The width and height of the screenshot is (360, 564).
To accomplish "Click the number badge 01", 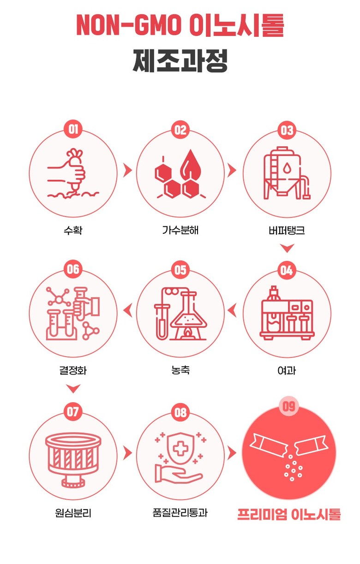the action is (x=73, y=130).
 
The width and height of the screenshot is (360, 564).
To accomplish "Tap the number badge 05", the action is (x=180, y=269).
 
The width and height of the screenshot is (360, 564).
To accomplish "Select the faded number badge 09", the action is (x=289, y=406).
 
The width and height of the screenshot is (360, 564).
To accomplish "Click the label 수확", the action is (x=73, y=230).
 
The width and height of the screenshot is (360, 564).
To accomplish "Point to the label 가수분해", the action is (x=180, y=230).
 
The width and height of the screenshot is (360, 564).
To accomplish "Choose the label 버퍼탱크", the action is (x=287, y=230).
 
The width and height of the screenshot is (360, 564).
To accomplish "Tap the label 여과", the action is (x=287, y=370).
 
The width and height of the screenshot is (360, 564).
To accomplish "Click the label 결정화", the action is (x=73, y=370).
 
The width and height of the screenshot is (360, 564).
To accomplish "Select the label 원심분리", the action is (x=73, y=513).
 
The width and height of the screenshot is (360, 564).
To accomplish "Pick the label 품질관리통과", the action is (x=180, y=513).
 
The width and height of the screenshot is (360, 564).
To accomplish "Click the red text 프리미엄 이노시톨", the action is (x=289, y=514).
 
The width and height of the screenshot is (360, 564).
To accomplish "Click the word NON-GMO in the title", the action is (x=129, y=25).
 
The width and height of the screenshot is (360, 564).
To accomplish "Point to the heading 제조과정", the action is (x=180, y=60).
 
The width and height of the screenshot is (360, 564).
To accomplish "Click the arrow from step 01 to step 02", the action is (x=127, y=170).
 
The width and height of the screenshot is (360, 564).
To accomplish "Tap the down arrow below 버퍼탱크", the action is (x=287, y=248).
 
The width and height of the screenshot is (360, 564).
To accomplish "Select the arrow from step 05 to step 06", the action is (x=127, y=310).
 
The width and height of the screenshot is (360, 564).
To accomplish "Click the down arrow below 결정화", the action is (x=73, y=388).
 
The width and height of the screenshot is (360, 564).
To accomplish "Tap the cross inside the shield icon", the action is (x=180, y=449).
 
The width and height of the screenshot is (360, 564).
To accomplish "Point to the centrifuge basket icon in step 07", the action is (x=73, y=460).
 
